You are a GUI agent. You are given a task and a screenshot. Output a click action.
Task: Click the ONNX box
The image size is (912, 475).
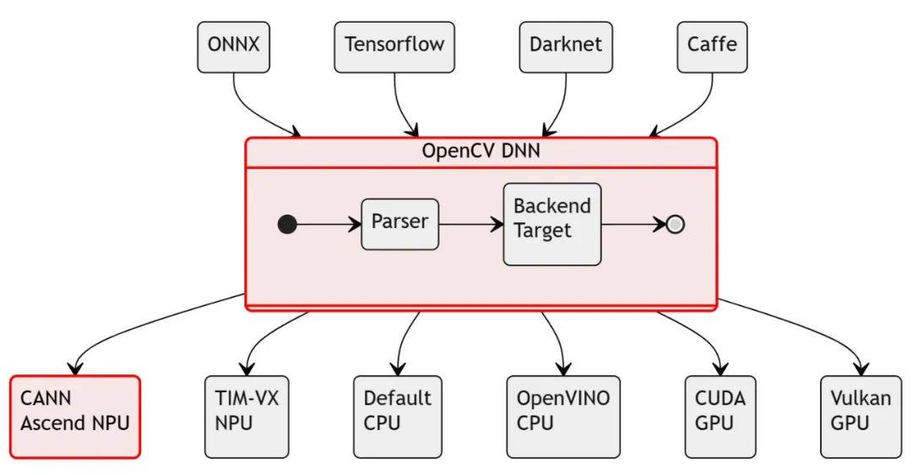(x=234, y=46)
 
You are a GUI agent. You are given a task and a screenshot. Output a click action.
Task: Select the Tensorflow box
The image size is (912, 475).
(x=394, y=46)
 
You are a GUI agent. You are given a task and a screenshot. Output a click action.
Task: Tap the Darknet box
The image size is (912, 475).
(x=565, y=46)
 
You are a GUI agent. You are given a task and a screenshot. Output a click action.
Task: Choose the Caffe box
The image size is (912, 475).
(x=712, y=46)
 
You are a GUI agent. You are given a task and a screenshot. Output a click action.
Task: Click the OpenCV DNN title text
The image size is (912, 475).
(x=480, y=152)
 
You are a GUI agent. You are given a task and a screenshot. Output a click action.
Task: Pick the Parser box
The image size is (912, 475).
(x=399, y=224)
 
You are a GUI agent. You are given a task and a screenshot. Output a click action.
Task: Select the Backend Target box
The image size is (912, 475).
(x=552, y=224)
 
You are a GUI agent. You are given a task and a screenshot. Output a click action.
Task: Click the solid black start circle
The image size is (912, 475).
(x=287, y=225)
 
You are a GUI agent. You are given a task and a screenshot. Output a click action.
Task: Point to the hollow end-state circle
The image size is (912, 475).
(x=675, y=225)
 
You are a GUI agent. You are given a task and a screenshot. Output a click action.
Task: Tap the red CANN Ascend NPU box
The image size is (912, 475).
(x=75, y=417)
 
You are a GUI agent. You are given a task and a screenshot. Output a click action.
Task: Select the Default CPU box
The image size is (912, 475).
(x=397, y=417)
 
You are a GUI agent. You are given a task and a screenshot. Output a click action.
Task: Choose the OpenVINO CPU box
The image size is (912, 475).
(x=562, y=417)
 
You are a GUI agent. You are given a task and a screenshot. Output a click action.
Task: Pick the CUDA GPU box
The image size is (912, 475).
(x=720, y=417)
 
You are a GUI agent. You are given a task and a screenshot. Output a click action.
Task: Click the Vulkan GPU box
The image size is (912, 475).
(x=860, y=417)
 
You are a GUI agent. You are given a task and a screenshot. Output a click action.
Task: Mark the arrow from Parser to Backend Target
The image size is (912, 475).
(x=470, y=225)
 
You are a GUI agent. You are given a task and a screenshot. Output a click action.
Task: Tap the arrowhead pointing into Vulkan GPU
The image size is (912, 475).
(x=861, y=369)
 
